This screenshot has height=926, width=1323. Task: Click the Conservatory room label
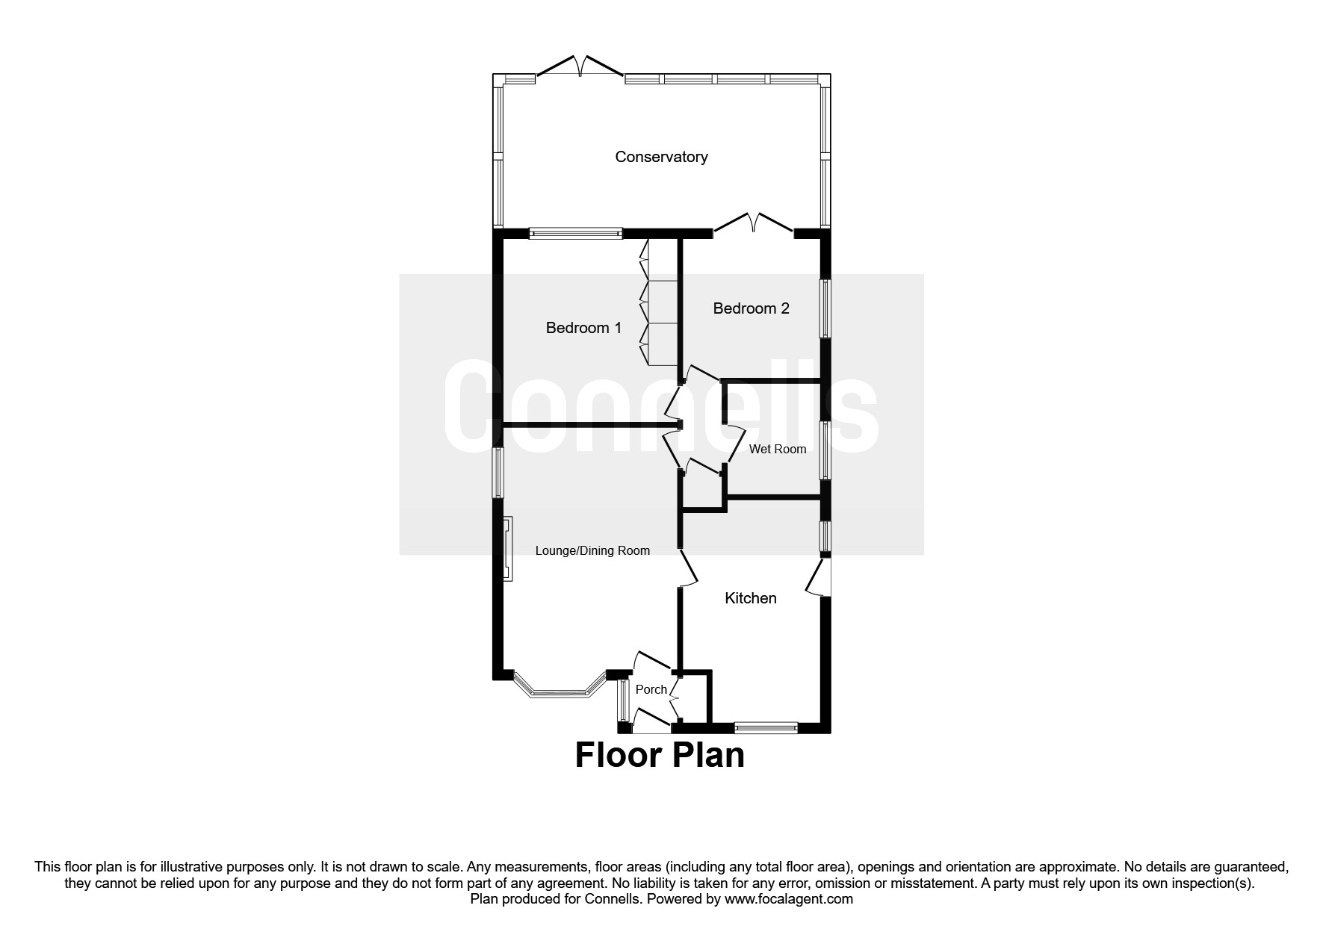pyautogui.click(x=661, y=157)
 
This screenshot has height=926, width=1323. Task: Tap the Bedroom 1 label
pyautogui.click(x=583, y=328)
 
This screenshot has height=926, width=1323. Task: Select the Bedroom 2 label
pyautogui.click(x=751, y=308)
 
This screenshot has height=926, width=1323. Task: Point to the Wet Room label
pyautogui.click(x=778, y=449)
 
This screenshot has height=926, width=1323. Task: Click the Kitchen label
pyautogui.click(x=751, y=598)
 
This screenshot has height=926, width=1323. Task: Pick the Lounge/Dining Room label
pyautogui.click(x=592, y=551)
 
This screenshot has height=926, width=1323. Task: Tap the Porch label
pyautogui.click(x=651, y=690)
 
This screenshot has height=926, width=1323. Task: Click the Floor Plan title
pyautogui.click(x=660, y=756)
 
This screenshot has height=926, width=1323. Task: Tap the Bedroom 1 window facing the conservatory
pyautogui.click(x=575, y=234)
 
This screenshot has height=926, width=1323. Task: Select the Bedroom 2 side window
pyautogui.click(x=825, y=308)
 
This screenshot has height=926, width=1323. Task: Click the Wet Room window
pyautogui.click(x=825, y=450)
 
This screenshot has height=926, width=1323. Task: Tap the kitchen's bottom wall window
pyautogui.click(x=766, y=727)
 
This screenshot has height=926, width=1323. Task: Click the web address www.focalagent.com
pyautogui.click(x=789, y=899)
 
